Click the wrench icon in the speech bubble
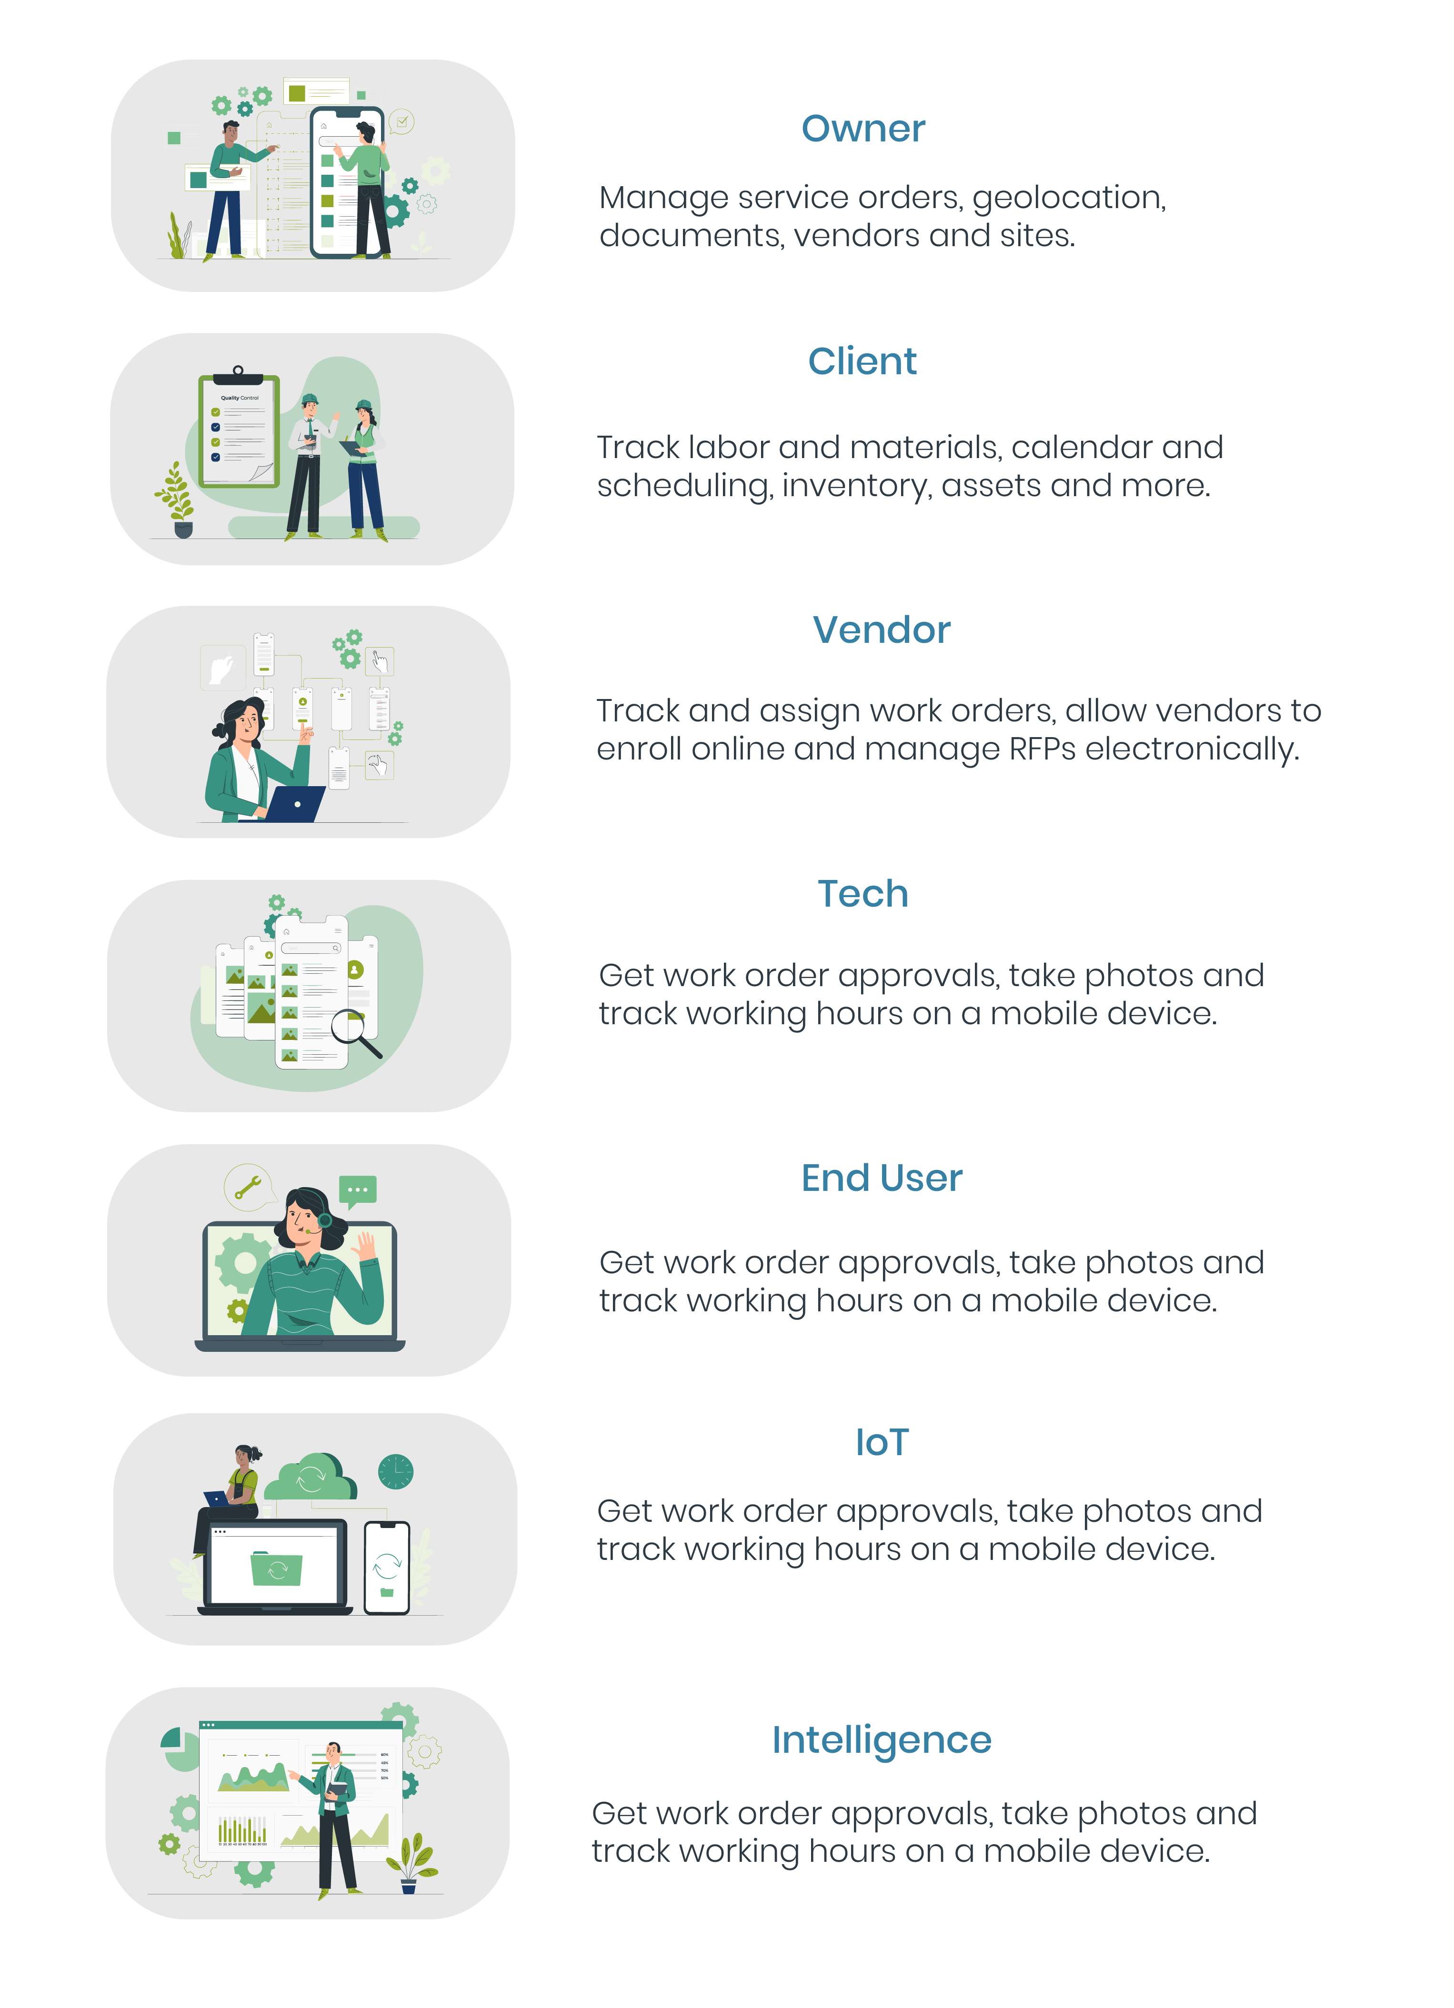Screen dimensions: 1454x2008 248,1187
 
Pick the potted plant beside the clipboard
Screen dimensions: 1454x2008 177,500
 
